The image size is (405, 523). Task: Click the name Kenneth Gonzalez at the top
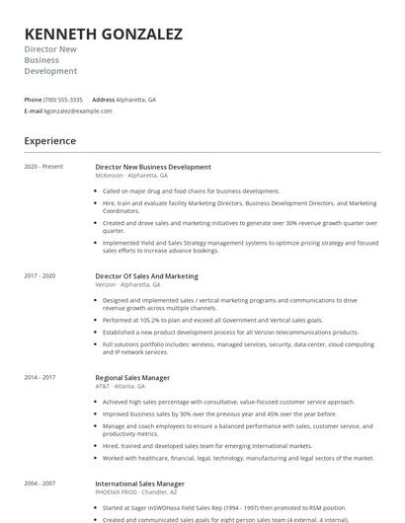[x=103, y=35]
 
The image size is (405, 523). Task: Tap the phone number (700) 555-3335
[x=64, y=100]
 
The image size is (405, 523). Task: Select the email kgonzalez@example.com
[x=78, y=111]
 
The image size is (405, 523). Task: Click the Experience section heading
[x=50, y=141]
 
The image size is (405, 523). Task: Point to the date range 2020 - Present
[x=43, y=167]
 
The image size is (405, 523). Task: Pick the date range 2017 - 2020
[x=40, y=275]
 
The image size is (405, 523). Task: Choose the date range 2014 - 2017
[x=40, y=377]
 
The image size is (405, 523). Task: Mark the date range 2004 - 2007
[x=40, y=484]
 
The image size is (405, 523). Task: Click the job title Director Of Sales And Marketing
[x=146, y=276]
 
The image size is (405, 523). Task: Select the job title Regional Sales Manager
[x=132, y=378]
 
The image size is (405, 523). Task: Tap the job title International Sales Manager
[x=139, y=485]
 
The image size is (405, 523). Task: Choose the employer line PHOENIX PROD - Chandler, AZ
[x=137, y=492]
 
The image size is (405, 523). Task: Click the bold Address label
[x=103, y=100]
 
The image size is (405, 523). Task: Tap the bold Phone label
[x=33, y=100]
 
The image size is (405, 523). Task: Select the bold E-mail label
[x=34, y=111]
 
